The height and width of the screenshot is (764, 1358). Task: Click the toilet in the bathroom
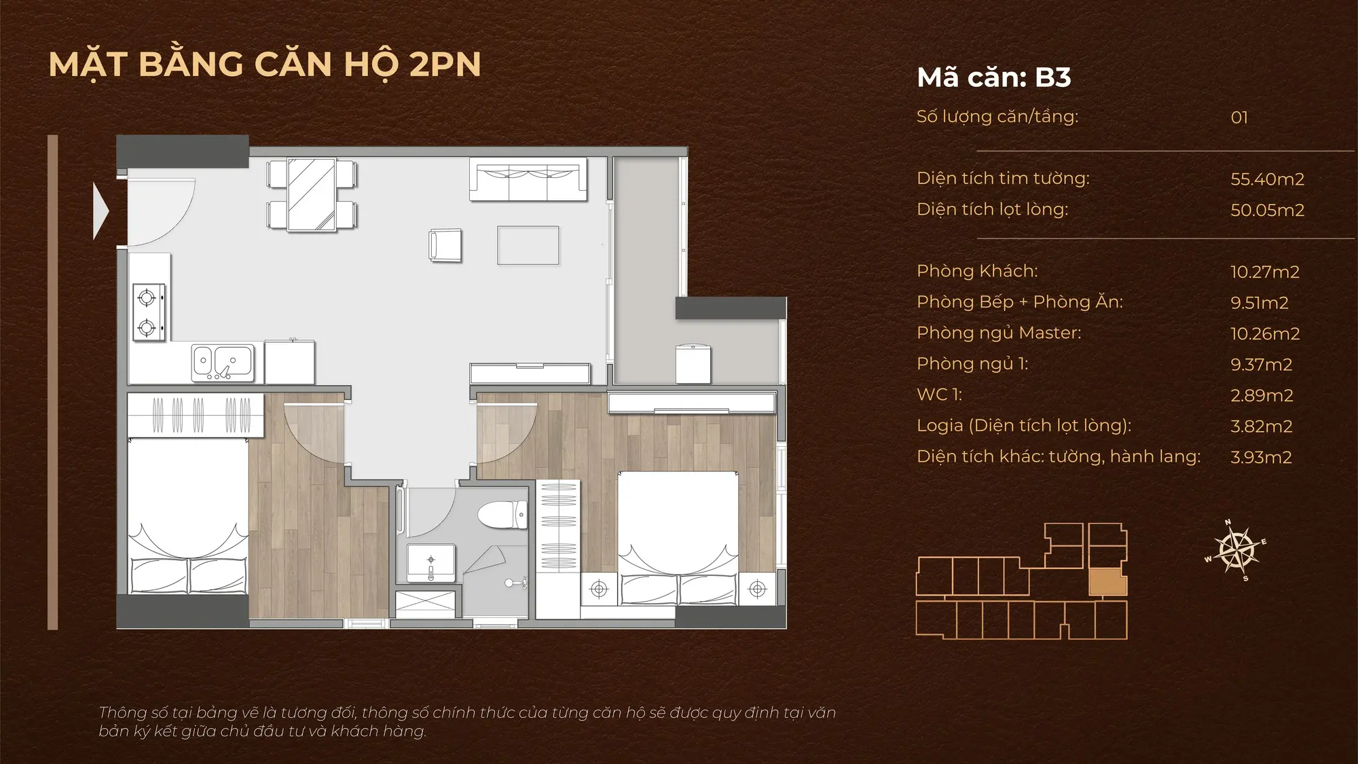click(502, 515)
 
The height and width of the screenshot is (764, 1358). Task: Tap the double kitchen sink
click(223, 362)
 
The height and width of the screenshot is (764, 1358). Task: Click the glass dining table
click(312, 195)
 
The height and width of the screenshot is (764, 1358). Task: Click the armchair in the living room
click(445, 245)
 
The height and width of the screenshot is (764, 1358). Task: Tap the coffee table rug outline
click(528, 245)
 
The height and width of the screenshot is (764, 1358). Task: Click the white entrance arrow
click(100, 211)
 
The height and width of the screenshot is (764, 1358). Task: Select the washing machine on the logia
click(693, 364)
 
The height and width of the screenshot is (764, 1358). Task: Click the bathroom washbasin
click(431, 562)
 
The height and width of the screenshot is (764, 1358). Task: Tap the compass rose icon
click(1236, 550)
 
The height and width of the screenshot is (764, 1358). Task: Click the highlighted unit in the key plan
click(1107, 581)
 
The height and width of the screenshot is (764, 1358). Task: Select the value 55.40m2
click(1268, 179)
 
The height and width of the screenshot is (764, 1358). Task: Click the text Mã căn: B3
click(994, 77)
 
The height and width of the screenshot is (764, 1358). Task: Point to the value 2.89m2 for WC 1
click(1262, 395)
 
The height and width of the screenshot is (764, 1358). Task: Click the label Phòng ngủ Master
click(999, 333)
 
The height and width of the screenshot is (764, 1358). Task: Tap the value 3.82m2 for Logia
click(1262, 426)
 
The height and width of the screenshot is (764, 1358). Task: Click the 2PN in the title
click(445, 65)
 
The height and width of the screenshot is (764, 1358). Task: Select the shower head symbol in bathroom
click(516, 583)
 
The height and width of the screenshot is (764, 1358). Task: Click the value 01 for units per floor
click(1239, 117)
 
